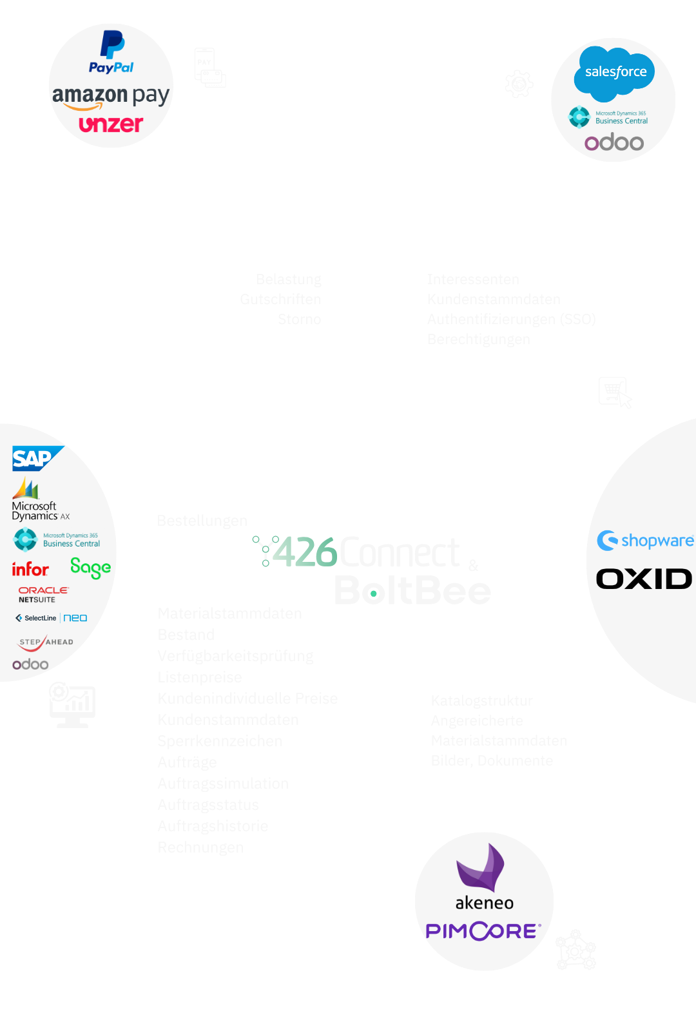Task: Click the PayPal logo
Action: pyautogui.click(x=111, y=52)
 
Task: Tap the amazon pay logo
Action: pyautogui.click(x=110, y=97)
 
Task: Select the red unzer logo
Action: pyautogui.click(x=111, y=124)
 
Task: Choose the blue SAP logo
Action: pyautogui.click(x=35, y=458)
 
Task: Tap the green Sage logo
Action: pyautogui.click(x=90, y=567)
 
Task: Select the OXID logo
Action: pyautogui.click(x=644, y=579)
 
